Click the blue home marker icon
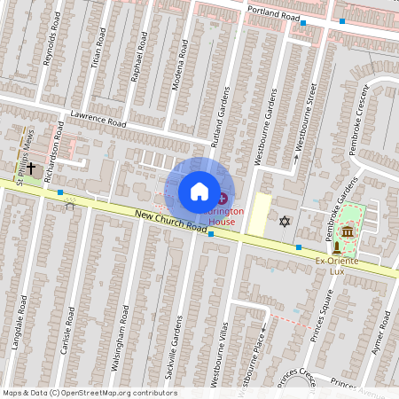click(x=199, y=191)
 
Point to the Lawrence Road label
click(x=100, y=119)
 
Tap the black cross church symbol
click(x=31, y=167)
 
